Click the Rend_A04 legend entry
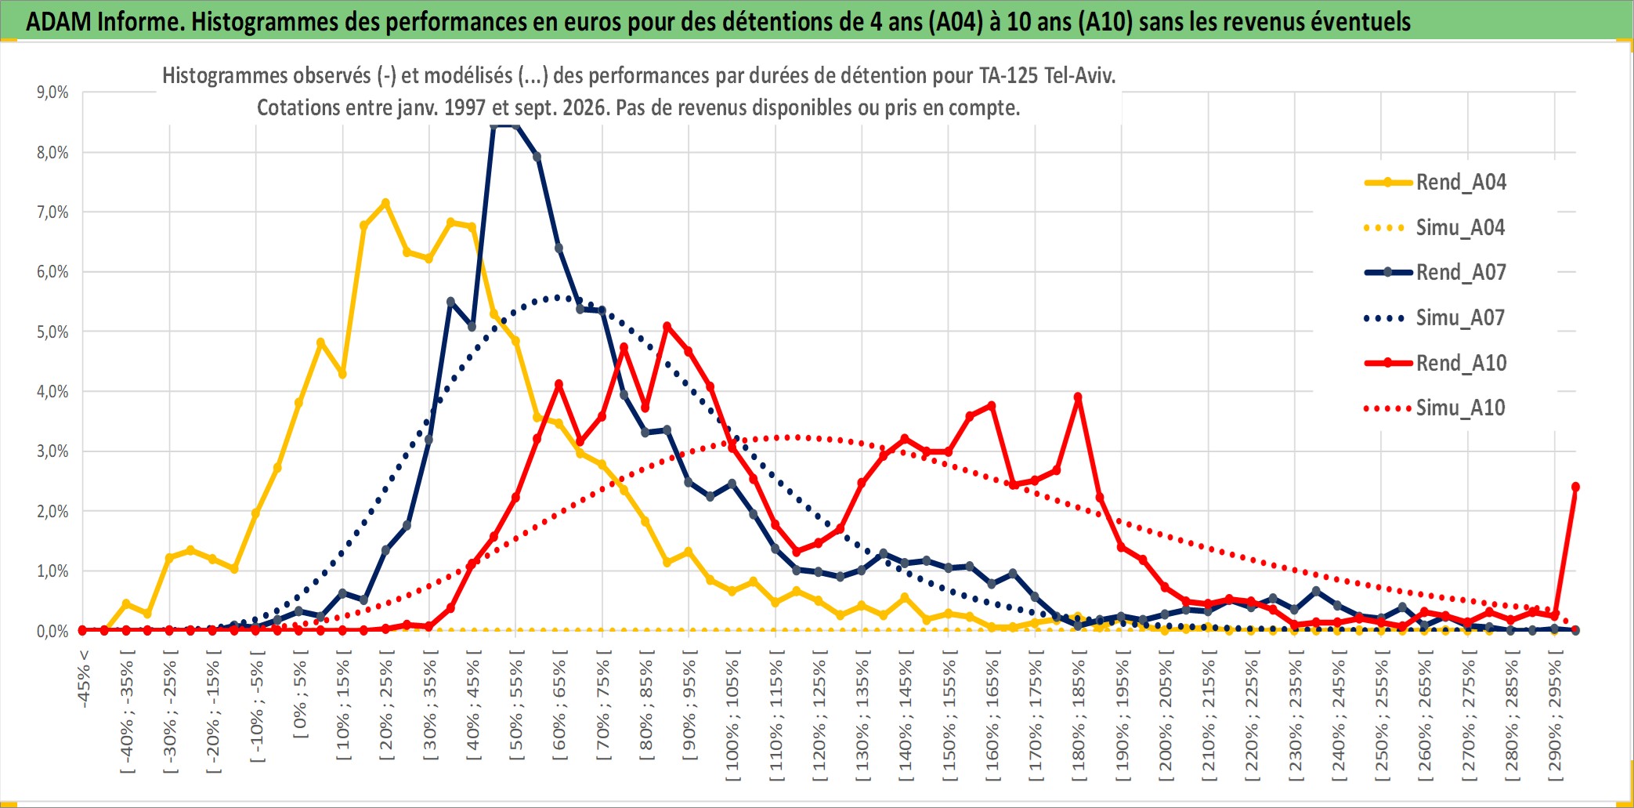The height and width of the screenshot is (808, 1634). click(x=1436, y=182)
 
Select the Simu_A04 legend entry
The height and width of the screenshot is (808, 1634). click(x=1436, y=227)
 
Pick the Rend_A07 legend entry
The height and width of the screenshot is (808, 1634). click(x=1436, y=272)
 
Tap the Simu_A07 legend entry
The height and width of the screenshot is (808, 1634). click(x=1436, y=317)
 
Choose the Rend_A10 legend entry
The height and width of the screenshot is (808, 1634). click(x=1436, y=363)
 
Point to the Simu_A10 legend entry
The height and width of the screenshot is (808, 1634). click(x=1436, y=408)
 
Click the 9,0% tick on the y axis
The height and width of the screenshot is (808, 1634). click(x=52, y=92)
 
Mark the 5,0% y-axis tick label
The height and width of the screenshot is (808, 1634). click(x=52, y=332)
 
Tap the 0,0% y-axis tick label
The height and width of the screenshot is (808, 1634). click(x=52, y=631)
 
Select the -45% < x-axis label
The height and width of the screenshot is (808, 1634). click(x=83, y=679)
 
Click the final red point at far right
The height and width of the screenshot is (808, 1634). click(x=1575, y=487)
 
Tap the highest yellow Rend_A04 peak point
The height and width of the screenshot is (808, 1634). click(x=385, y=203)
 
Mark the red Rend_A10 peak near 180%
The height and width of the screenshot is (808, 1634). click(x=1078, y=397)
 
